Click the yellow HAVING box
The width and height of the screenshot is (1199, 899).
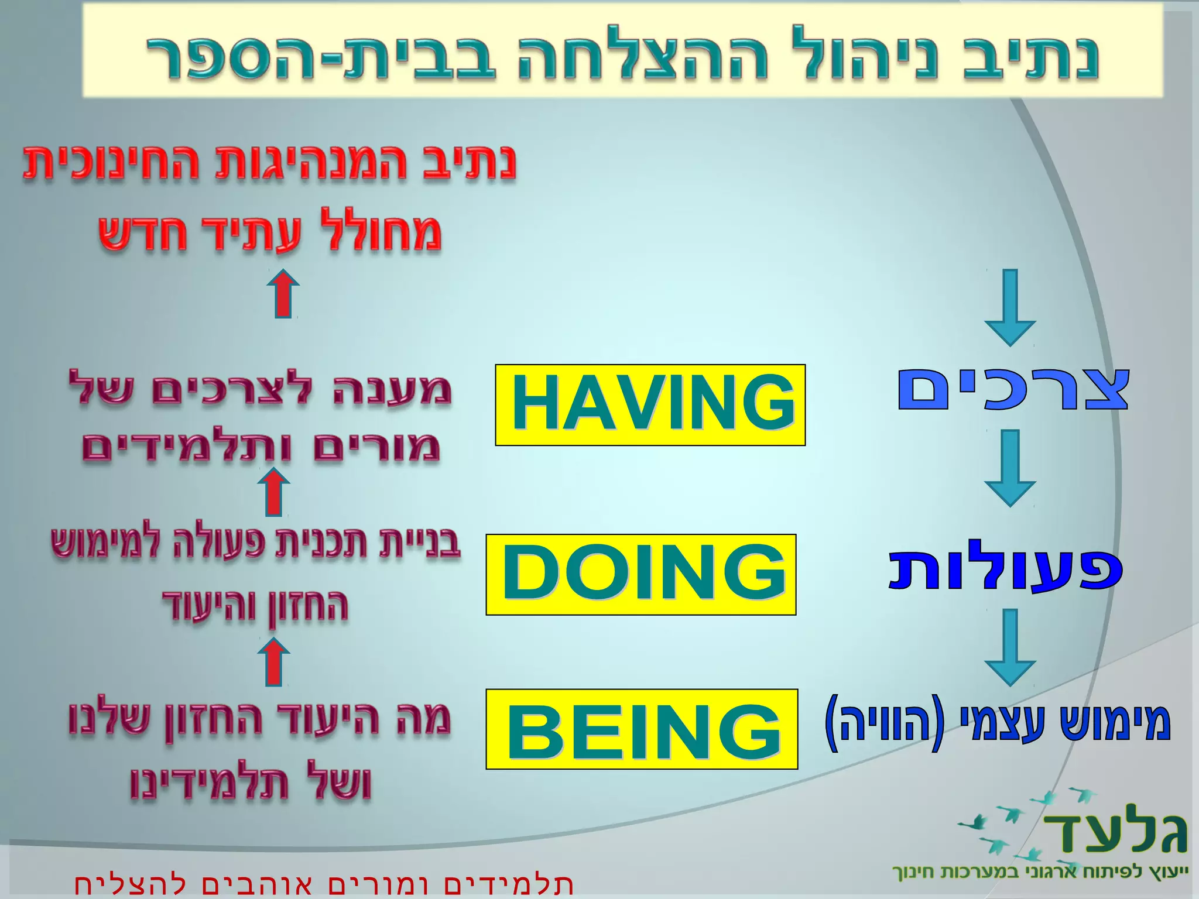pos(650,404)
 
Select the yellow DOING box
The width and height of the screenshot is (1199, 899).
pos(640,574)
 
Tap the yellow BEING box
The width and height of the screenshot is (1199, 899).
pos(642,729)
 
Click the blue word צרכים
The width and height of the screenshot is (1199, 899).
pos(1013,389)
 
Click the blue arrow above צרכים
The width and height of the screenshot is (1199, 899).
pos(1010,307)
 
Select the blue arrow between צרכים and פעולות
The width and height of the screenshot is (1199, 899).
pos(1010,468)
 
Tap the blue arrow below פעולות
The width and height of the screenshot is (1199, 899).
pos(1010,647)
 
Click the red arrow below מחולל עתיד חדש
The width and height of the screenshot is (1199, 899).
pos(283,294)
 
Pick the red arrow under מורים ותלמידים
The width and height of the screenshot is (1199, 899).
pos(274,493)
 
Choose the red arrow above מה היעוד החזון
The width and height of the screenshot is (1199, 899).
pos(274,662)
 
